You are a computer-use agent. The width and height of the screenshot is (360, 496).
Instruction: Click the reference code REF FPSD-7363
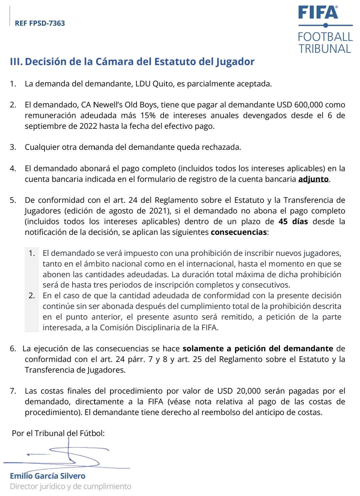point(40,23)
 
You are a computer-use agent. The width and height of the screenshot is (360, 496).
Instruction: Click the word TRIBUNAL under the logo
point(325,49)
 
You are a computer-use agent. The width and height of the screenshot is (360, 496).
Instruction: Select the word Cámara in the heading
point(112,62)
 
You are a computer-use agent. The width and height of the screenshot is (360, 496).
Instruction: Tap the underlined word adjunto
point(313,179)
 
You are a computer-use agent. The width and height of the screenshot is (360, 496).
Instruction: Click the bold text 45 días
point(293,221)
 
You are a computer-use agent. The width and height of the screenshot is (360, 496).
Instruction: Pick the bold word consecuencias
point(239,232)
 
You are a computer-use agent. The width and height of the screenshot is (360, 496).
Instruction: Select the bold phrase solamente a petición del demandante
point(258,349)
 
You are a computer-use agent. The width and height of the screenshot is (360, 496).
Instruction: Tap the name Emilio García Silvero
point(48,476)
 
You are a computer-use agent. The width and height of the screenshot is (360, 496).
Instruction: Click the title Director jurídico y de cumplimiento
point(71,486)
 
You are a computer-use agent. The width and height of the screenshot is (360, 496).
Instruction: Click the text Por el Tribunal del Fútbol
point(58,433)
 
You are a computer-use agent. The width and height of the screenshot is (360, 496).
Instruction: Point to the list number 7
point(13,391)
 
